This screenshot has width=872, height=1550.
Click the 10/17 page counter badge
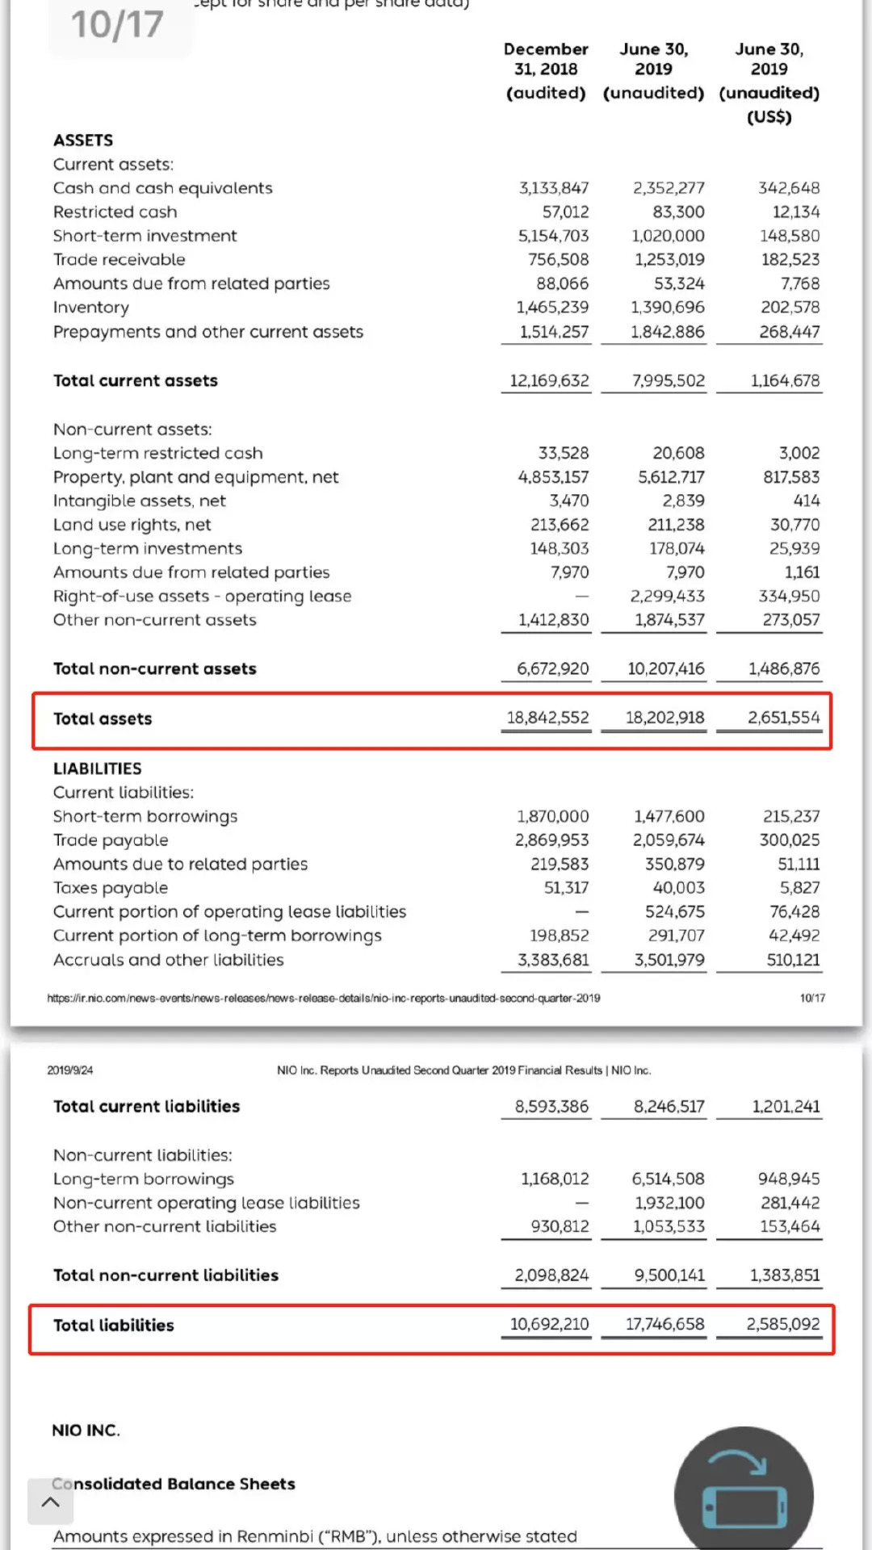click(x=119, y=25)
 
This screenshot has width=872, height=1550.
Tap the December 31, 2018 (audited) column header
click(x=546, y=70)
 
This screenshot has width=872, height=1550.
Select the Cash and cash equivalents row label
click(x=162, y=188)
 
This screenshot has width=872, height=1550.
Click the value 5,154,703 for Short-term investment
click(x=553, y=236)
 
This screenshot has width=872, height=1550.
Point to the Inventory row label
click(x=90, y=308)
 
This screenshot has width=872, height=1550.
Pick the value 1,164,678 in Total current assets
click(x=785, y=380)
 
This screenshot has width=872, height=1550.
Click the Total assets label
click(x=103, y=718)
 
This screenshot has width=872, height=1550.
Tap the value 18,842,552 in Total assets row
click(x=547, y=718)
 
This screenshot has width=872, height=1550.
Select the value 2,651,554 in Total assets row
click(x=783, y=718)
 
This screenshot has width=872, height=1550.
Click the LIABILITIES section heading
click(x=97, y=769)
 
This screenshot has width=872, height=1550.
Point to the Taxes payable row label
click(x=111, y=888)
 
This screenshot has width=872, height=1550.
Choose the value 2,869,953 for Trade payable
click(x=552, y=840)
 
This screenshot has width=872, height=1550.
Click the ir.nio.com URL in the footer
click(x=323, y=998)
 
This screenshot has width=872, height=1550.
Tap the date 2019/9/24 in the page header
click(x=70, y=1070)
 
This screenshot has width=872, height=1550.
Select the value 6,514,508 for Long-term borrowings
click(x=668, y=1179)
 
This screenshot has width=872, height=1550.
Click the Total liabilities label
click(x=113, y=1326)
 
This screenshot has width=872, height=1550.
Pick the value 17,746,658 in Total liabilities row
click(x=664, y=1325)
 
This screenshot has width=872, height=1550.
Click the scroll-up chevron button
click(x=50, y=1502)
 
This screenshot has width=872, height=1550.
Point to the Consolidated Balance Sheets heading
click(x=174, y=1484)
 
